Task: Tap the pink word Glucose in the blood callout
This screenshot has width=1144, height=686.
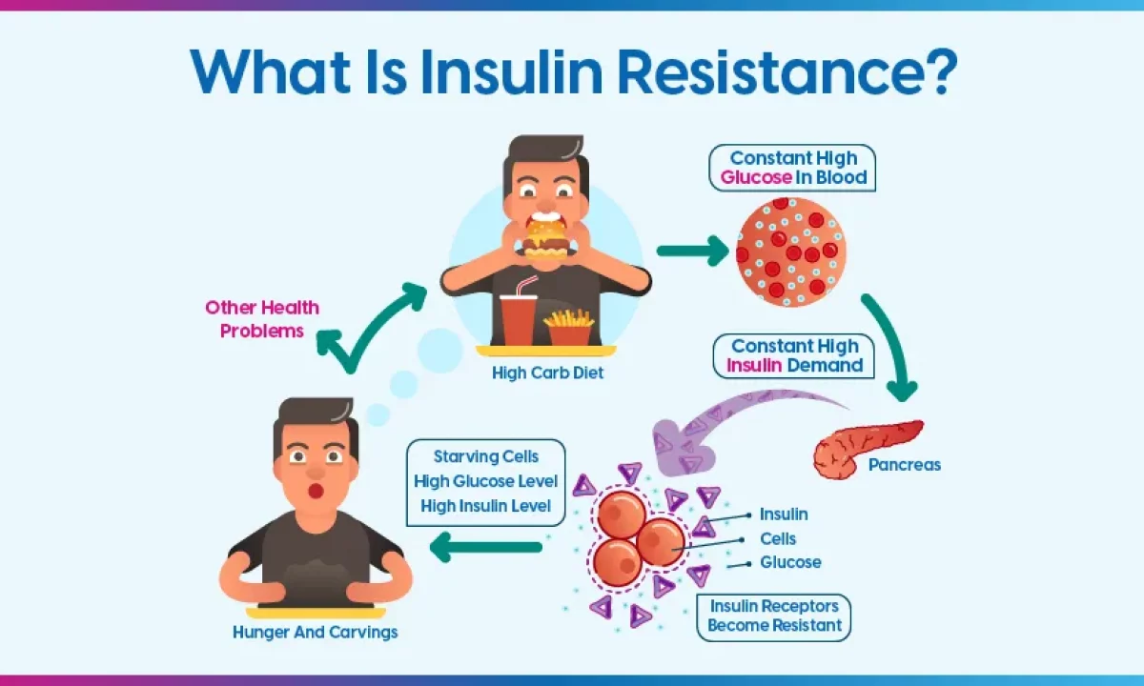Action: [x=756, y=177]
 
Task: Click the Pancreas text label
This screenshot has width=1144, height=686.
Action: [x=904, y=465]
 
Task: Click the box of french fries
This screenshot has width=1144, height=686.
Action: [x=568, y=327]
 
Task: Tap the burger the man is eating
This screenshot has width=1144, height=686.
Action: [x=544, y=238]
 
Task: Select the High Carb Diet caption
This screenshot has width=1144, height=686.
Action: [x=547, y=373]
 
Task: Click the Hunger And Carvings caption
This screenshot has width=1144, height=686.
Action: [x=316, y=632]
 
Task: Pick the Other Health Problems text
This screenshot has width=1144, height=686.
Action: [x=262, y=319]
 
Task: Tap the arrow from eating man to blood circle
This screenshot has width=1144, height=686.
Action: [x=690, y=251]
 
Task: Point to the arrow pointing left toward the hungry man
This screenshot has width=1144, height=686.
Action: [x=485, y=546]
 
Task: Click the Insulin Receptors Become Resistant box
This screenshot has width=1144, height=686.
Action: [x=773, y=615]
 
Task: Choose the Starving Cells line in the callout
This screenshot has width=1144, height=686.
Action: [x=485, y=456]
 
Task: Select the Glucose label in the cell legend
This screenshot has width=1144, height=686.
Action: [x=790, y=562]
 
